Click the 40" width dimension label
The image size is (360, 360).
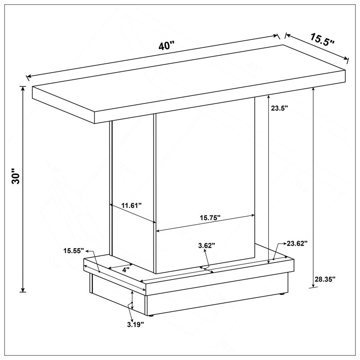pyautogui.click(x=166, y=46)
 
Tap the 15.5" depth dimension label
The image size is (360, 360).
pyautogui.click(x=322, y=40)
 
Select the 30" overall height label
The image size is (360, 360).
pyautogui.click(x=16, y=176)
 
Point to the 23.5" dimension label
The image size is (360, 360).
pyautogui.click(x=279, y=108)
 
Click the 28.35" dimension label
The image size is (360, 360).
pyautogui.click(x=325, y=279)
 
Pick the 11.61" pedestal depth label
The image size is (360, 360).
pyautogui.click(x=131, y=205)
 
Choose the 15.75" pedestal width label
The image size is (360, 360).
pyautogui.click(x=210, y=218)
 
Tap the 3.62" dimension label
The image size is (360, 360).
pyautogui.click(x=207, y=245)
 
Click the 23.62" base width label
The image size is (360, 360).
pyautogui.click(x=297, y=243)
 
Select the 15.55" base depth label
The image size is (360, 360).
pyautogui.click(x=74, y=251)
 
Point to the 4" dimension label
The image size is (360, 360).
pyautogui.click(x=125, y=270)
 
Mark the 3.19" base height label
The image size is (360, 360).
pyautogui.click(x=136, y=324)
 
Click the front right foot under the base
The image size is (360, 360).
pyautogui.click(x=283, y=294)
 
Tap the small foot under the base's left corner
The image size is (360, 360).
pyautogui.click(x=151, y=316)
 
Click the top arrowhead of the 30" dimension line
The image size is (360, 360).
pyautogui.click(x=22, y=89)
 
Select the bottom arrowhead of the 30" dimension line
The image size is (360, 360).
pyautogui.click(x=22, y=289)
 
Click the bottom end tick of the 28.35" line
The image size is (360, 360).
pyautogui.click(x=313, y=287)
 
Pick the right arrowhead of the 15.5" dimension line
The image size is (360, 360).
pyautogui.click(x=346, y=58)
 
